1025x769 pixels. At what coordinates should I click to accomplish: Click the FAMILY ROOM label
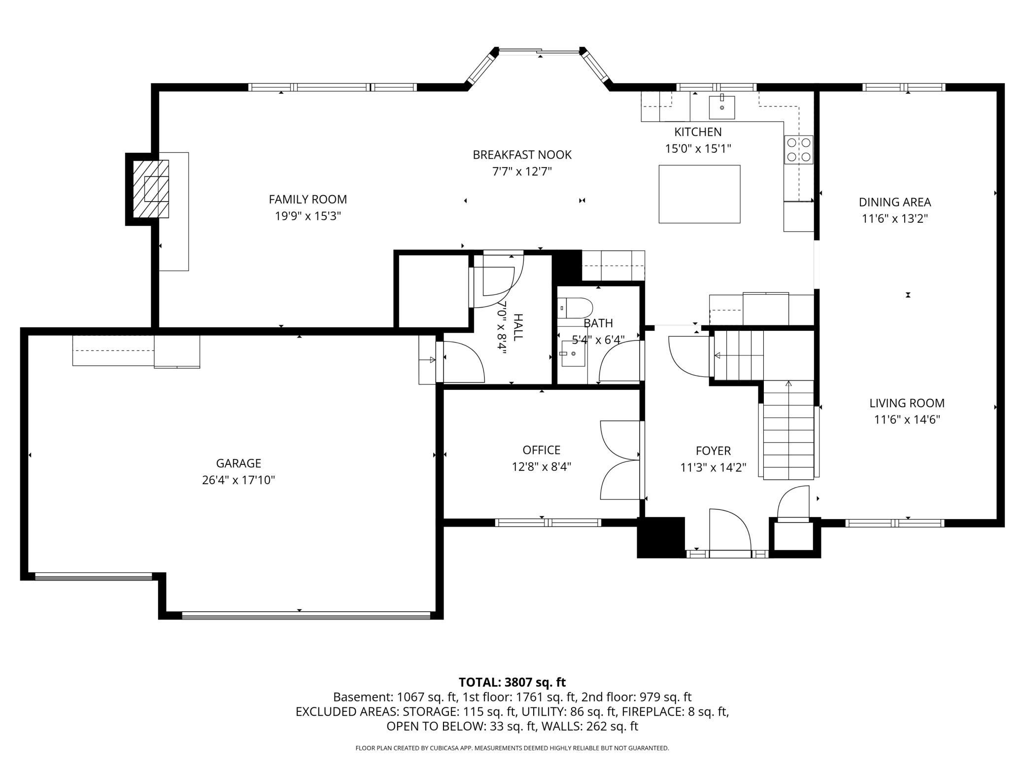(307, 199)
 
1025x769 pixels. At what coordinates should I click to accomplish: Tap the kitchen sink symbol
(722, 107)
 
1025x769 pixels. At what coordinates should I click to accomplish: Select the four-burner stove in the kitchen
(798, 150)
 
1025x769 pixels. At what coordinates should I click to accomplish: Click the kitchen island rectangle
(699, 194)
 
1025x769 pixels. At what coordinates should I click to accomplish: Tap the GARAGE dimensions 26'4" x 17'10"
(239, 480)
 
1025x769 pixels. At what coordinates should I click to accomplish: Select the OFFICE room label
(541, 450)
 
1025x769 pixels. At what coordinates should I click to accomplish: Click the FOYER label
(713, 451)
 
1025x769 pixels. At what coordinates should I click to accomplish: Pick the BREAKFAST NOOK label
(522, 155)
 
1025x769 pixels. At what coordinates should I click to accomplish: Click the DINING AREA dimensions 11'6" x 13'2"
(894, 218)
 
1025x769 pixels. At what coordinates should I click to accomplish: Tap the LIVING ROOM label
(906, 403)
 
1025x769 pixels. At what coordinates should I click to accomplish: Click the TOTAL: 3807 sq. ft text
(512, 682)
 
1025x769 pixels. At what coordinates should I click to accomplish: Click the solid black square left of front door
(661, 537)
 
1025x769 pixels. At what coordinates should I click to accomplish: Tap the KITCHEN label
(698, 132)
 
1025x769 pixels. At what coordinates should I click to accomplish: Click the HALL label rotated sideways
(518, 327)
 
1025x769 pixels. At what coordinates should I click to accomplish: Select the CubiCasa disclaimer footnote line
(512, 748)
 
